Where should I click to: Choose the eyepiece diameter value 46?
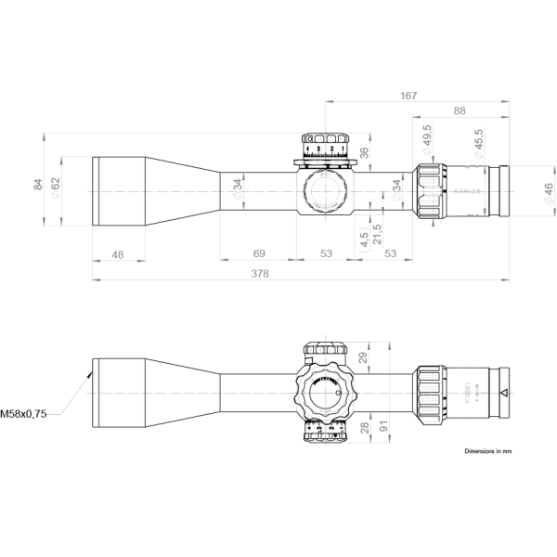click(548, 192)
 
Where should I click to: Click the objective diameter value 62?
click(55, 183)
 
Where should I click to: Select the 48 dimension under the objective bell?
click(118, 253)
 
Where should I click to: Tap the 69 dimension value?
click(259, 253)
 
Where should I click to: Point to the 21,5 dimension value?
click(377, 229)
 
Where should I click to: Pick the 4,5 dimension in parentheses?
click(362, 239)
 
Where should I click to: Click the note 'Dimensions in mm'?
click(488, 450)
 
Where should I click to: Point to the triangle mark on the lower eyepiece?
click(503, 394)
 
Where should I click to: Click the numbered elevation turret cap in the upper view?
click(325, 148)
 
